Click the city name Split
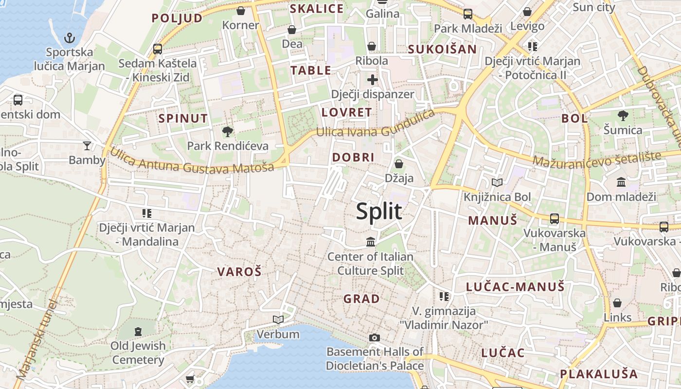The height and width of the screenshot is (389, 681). (x=379, y=212)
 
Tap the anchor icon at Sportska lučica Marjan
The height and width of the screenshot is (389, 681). (x=70, y=38)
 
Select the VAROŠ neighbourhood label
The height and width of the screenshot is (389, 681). (x=239, y=272)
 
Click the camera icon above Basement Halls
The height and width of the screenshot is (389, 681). (x=374, y=337)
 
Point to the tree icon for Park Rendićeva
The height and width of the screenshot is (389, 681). (x=227, y=131)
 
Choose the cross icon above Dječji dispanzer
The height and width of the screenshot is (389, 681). (x=373, y=80)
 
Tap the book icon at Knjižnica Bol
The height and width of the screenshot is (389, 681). (x=497, y=183)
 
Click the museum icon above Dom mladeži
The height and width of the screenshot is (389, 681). (x=621, y=182)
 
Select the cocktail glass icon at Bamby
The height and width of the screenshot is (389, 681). (x=87, y=145)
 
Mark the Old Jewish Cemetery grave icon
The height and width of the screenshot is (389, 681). (x=138, y=332)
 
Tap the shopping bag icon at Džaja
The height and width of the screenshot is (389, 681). (x=399, y=164)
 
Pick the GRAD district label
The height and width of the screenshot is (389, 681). (x=361, y=299)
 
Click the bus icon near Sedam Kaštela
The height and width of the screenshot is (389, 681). (x=158, y=49)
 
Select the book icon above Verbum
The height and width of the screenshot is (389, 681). (x=278, y=319)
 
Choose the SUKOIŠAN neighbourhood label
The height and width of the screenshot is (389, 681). (x=442, y=49)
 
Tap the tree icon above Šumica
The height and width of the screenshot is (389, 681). (x=623, y=116)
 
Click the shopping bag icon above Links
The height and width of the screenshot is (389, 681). (x=617, y=303)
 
